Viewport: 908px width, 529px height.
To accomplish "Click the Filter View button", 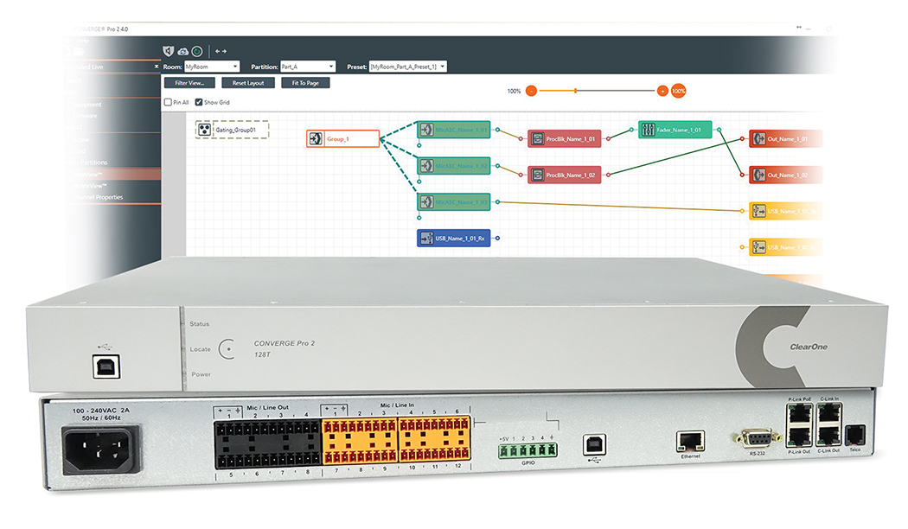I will (x=189, y=83).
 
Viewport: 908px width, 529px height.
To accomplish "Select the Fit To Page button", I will (x=305, y=83).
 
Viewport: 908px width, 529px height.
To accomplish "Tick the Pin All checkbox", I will (x=169, y=102).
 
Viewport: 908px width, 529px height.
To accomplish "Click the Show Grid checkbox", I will (x=199, y=102).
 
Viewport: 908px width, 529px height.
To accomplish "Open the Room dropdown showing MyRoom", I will (x=211, y=67).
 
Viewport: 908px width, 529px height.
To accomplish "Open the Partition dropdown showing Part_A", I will (x=307, y=67).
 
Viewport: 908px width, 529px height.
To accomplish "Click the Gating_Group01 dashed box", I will (x=231, y=131).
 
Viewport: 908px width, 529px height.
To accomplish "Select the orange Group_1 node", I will (x=342, y=138).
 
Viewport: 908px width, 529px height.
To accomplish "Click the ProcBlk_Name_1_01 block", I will (x=564, y=139).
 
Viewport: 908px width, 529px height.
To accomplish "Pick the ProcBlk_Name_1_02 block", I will (x=564, y=175).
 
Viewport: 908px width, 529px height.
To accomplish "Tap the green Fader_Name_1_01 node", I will (x=675, y=130).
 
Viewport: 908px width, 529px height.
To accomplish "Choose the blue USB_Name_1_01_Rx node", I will (x=454, y=238).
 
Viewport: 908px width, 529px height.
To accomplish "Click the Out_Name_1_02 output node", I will (x=783, y=175).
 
